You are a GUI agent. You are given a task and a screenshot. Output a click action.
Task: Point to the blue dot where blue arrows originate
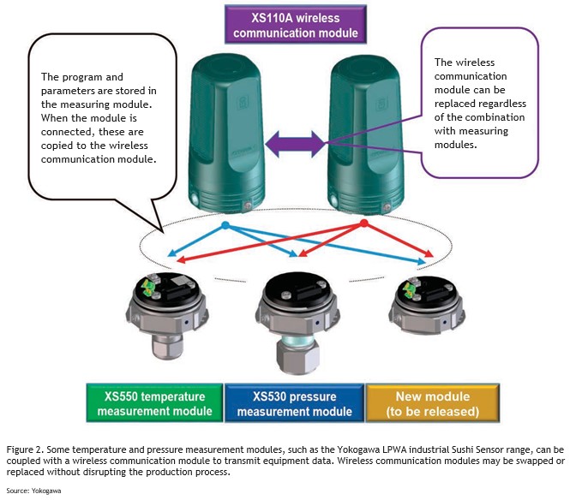(x=225, y=226)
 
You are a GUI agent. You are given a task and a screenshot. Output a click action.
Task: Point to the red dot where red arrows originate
(x=363, y=223)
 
